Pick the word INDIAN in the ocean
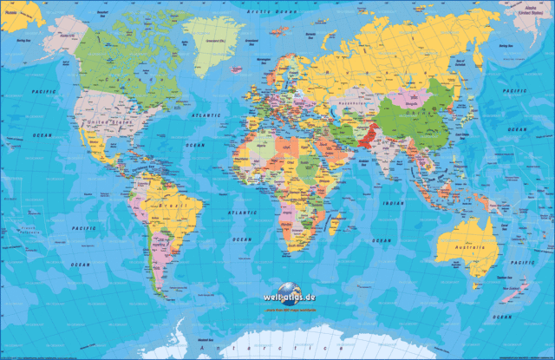[394, 203]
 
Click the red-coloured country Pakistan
[367, 137]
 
